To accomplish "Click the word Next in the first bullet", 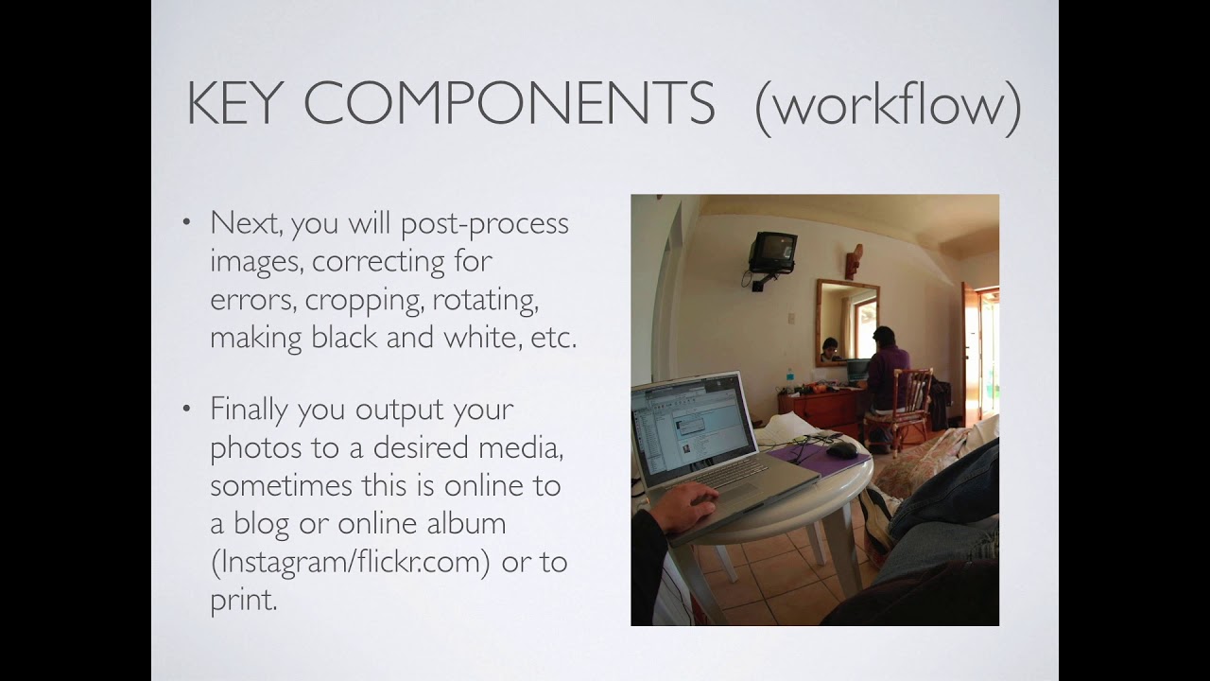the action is (x=246, y=222).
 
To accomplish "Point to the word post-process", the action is (x=485, y=225).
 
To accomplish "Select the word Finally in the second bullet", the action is (x=249, y=410).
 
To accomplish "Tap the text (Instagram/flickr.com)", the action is (x=351, y=562).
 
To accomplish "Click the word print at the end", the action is (x=244, y=600).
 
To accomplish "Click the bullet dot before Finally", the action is (x=187, y=409).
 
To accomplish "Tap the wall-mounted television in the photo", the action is (x=772, y=252).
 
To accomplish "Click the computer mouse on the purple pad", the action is (x=841, y=449).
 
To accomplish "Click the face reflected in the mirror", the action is (x=829, y=349).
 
